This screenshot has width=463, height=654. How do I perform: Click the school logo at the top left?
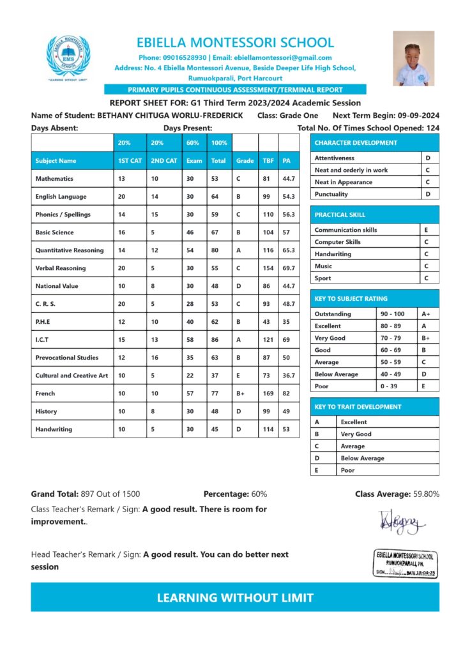pyautogui.click(x=68, y=57)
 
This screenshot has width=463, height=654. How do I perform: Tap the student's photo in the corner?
pyautogui.click(x=413, y=59)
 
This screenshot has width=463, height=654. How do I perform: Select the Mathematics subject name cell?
pyautogui.click(x=55, y=179)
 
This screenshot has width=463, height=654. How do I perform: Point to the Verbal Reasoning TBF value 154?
pyautogui.click(x=267, y=268)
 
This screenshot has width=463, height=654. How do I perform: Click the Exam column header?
pyautogui.click(x=194, y=161)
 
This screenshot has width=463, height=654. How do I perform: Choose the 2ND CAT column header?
pyautogui.click(x=164, y=161)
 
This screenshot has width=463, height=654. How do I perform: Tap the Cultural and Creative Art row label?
pyautogui.click(x=72, y=376)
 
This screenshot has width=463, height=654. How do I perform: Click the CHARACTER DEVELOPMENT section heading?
pyautogui.click(x=356, y=143)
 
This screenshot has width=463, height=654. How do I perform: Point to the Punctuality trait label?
pyautogui.click(x=331, y=194)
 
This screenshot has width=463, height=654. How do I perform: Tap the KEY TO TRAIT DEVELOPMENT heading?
pyautogui.click(x=358, y=407)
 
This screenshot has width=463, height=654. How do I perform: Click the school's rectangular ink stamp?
pyautogui.click(x=406, y=563)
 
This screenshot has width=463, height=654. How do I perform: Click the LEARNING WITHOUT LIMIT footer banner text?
pyautogui.click(x=235, y=598)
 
